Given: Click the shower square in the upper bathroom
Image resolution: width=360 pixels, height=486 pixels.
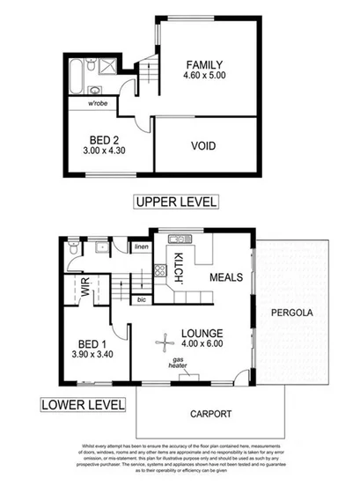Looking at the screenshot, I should [x=107, y=67].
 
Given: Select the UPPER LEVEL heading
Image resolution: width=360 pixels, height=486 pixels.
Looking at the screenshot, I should [x=176, y=202].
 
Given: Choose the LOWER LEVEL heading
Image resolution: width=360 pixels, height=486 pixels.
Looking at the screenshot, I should [x=79, y=406].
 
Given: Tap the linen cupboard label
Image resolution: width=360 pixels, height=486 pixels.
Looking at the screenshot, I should [x=141, y=247].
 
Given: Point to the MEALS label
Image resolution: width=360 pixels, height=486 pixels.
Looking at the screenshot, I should [x=226, y=277].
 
